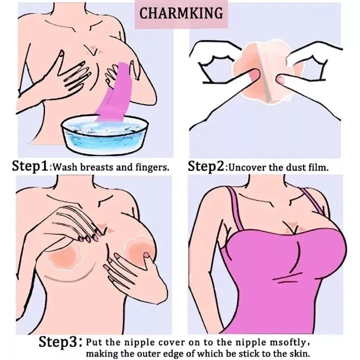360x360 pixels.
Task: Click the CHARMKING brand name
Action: (x=181, y=13)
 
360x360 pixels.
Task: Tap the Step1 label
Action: (x=30, y=166)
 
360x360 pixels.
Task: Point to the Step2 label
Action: (x=205, y=166)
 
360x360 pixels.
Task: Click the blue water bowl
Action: (x=105, y=134)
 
